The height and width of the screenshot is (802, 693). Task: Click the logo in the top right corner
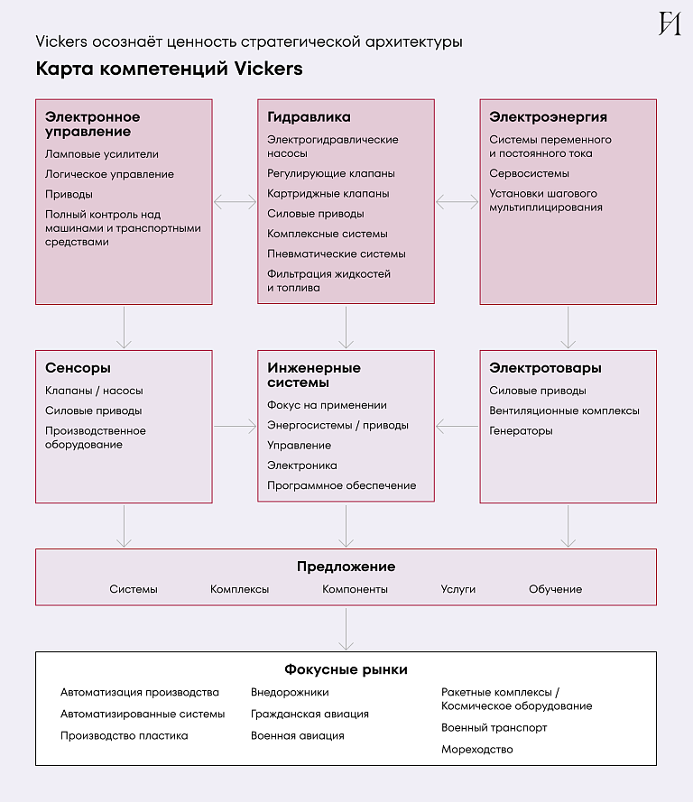tap(669, 23)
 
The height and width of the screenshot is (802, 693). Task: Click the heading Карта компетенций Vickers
tap(170, 69)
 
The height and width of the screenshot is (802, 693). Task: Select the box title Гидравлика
tap(309, 117)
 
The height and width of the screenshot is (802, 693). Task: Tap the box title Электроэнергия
tap(548, 117)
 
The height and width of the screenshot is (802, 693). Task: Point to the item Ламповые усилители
tap(101, 154)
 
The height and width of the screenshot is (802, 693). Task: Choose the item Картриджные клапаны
tap(328, 194)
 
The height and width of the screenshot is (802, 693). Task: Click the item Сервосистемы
tap(530, 173)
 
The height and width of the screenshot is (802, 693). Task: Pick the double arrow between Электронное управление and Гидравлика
tap(236, 202)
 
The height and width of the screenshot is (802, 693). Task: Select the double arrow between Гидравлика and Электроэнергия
tap(457, 202)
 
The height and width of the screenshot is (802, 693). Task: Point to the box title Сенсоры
tap(79, 368)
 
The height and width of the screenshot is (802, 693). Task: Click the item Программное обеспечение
tap(341, 485)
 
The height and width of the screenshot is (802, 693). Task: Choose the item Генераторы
tap(521, 431)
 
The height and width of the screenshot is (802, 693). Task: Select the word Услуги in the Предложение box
tap(458, 589)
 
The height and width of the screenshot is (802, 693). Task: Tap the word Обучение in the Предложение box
tap(555, 589)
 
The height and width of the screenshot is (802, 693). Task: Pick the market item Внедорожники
tap(290, 693)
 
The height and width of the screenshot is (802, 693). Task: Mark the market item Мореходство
tap(477, 750)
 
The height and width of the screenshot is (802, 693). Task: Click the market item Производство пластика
tap(125, 736)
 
